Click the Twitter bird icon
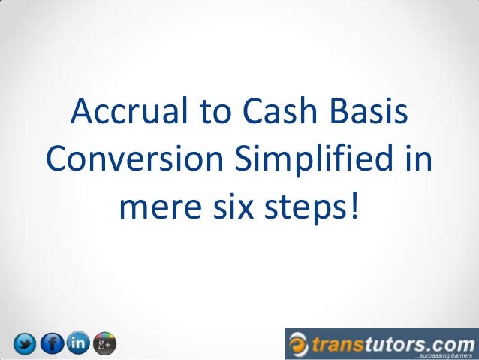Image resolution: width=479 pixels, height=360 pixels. pyautogui.click(x=26, y=344)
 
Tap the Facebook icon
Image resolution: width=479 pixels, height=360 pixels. pyautogui.click(x=52, y=344)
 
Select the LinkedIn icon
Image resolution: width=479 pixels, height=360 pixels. pyautogui.click(x=77, y=343)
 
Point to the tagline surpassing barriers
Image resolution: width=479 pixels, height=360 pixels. pyautogui.click(x=442, y=353)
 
